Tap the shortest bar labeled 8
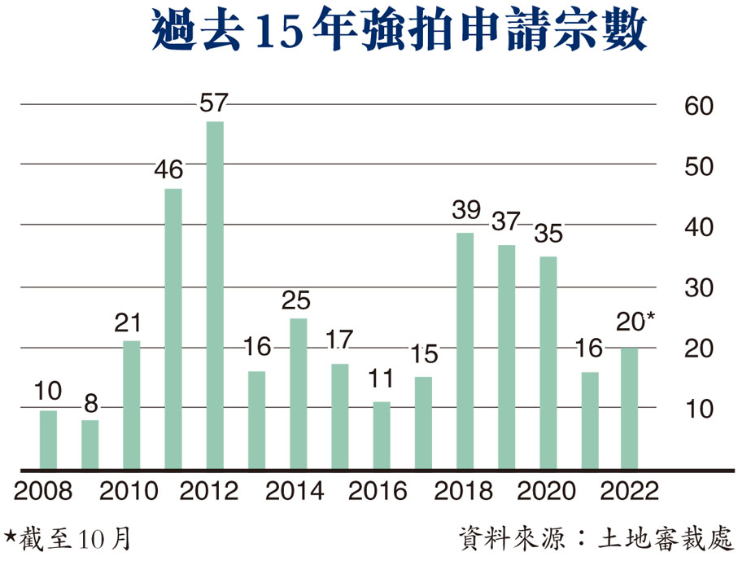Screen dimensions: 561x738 pos(90,445)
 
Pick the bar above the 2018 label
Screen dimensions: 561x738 pos(465,351)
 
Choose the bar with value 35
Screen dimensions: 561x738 pos(548,362)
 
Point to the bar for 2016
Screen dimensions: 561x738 pos(382,435)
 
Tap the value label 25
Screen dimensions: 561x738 pos(298,301)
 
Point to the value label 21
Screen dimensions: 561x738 pos(132,324)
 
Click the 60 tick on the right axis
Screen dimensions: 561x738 pos(697,106)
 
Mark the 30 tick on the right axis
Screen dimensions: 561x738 pos(697,288)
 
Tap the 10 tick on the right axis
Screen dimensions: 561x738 pos(697,409)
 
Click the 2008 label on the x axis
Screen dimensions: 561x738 pos(43,493)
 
